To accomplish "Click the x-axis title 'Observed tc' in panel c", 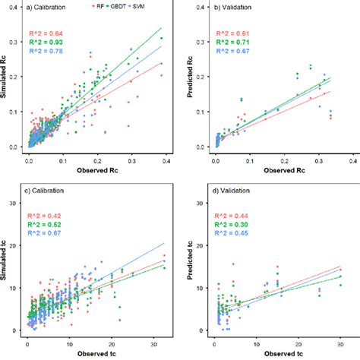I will click(89, 352).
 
